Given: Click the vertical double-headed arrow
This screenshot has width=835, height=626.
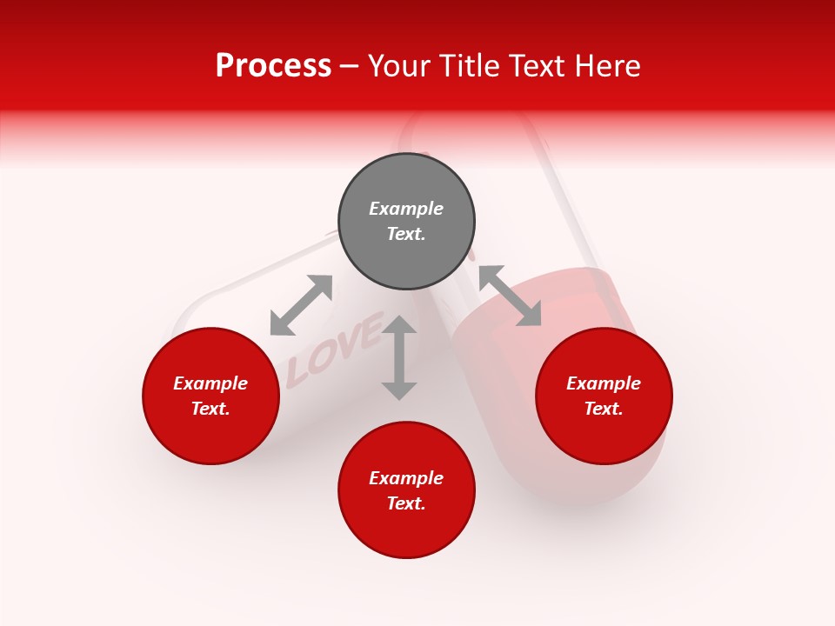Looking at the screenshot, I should click(x=399, y=357).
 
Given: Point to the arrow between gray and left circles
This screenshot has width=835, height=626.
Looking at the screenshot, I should click(x=301, y=305).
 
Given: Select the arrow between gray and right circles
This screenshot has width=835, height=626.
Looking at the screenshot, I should click(x=510, y=296).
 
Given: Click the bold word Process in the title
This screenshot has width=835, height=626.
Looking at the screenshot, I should click(x=273, y=65).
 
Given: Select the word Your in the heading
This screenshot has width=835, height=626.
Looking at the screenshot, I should click(x=398, y=65).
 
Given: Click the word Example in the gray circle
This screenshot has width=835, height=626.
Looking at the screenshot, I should click(x=406, y=209).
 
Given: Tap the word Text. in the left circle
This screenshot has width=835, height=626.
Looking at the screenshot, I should click(x=210, y=409).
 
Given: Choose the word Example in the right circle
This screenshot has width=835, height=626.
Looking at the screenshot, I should click(x=604, y=383).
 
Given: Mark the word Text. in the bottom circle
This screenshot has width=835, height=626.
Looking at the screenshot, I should click(x=406, y=503).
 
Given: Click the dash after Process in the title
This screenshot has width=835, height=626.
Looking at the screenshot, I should click(x=350, y=66).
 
